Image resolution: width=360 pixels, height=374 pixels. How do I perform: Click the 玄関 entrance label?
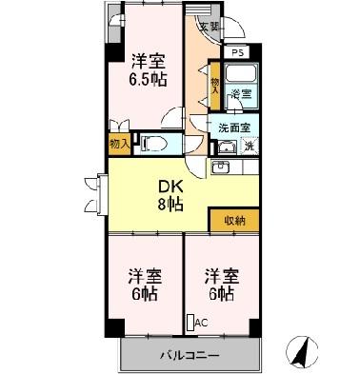pyautogui.click(x=209, y=27)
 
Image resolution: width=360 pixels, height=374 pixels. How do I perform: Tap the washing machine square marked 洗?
pyautogui.click(x=248, y=146)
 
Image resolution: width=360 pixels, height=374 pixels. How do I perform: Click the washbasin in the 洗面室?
pyautogui.click(x=227, y=147)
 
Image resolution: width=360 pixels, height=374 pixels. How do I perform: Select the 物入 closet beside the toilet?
pyautogui.click(x=119, y=144)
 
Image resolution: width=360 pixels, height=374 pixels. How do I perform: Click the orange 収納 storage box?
pyautogui.click(x=234, y=220)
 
